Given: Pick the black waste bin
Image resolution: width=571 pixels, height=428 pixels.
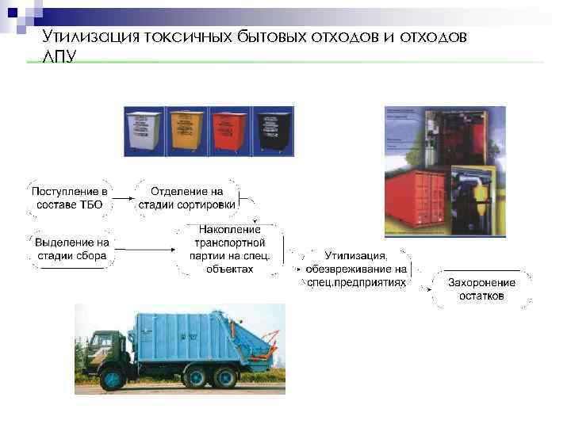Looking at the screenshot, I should coord(270,131).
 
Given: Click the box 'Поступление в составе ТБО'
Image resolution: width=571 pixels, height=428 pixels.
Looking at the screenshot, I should coord(70,198).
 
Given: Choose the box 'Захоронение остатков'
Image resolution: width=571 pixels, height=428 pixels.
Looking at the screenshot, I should coord(481,289).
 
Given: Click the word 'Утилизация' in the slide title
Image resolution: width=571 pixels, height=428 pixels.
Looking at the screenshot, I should coord(92,36).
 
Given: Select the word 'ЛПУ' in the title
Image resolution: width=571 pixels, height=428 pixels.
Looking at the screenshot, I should coord(60,58).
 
